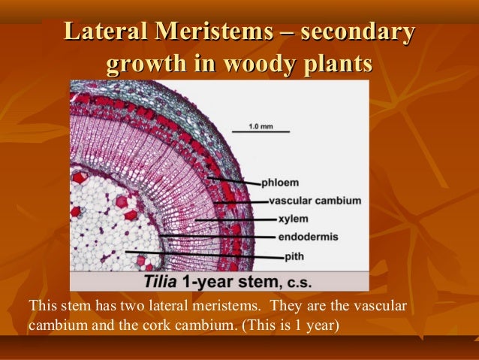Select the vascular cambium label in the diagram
(x=315, y=201)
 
